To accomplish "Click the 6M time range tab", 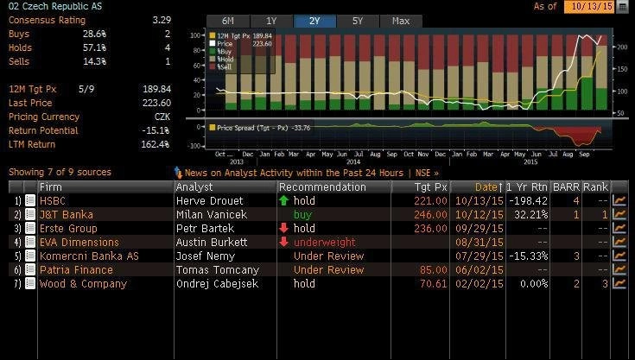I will pyautogui.click(x=227, y=20).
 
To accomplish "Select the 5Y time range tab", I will pyautogui.click(x=358, y=20).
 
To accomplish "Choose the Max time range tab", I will pyautogui.click(x=400, y=20).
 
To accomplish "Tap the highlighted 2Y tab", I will pyautogui.click(x=314, y=20).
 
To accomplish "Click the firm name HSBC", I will pyautogui.click(x=53, y=200).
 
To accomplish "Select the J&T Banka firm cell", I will pyautogui.click(x=66, y=214).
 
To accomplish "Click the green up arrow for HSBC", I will pyautogui.click(x=283, y=200).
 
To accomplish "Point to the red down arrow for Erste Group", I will pyautogui.click(x=283, y=228).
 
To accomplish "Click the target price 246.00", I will pyautogui.click(x=430, y=214).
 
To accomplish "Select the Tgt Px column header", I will pyautogui.click(x=430, y=186).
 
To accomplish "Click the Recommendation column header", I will pyautogui.click(x=322, y=186).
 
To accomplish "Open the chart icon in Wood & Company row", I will pyautogui.click(x=619, y=283).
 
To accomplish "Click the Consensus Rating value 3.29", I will pyautogui.click(x=161, y=18).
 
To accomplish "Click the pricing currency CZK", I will pyautogui.click(x=162, y=117).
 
